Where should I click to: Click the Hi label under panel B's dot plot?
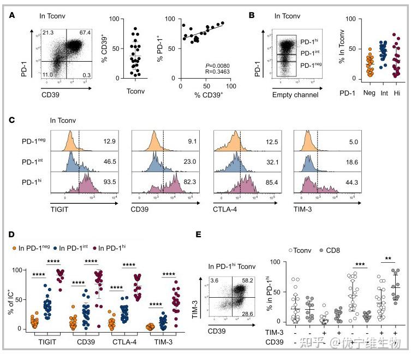click(397, 94)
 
